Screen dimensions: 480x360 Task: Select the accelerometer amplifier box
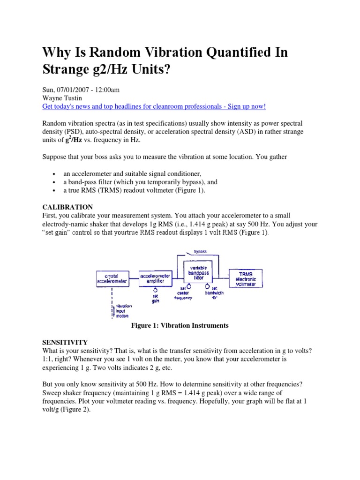156,278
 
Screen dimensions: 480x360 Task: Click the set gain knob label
155,299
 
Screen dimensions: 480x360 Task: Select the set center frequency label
183,293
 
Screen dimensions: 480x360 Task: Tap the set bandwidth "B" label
214,293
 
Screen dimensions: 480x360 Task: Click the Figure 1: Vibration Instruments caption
180,326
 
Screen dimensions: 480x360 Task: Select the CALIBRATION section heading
67,207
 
